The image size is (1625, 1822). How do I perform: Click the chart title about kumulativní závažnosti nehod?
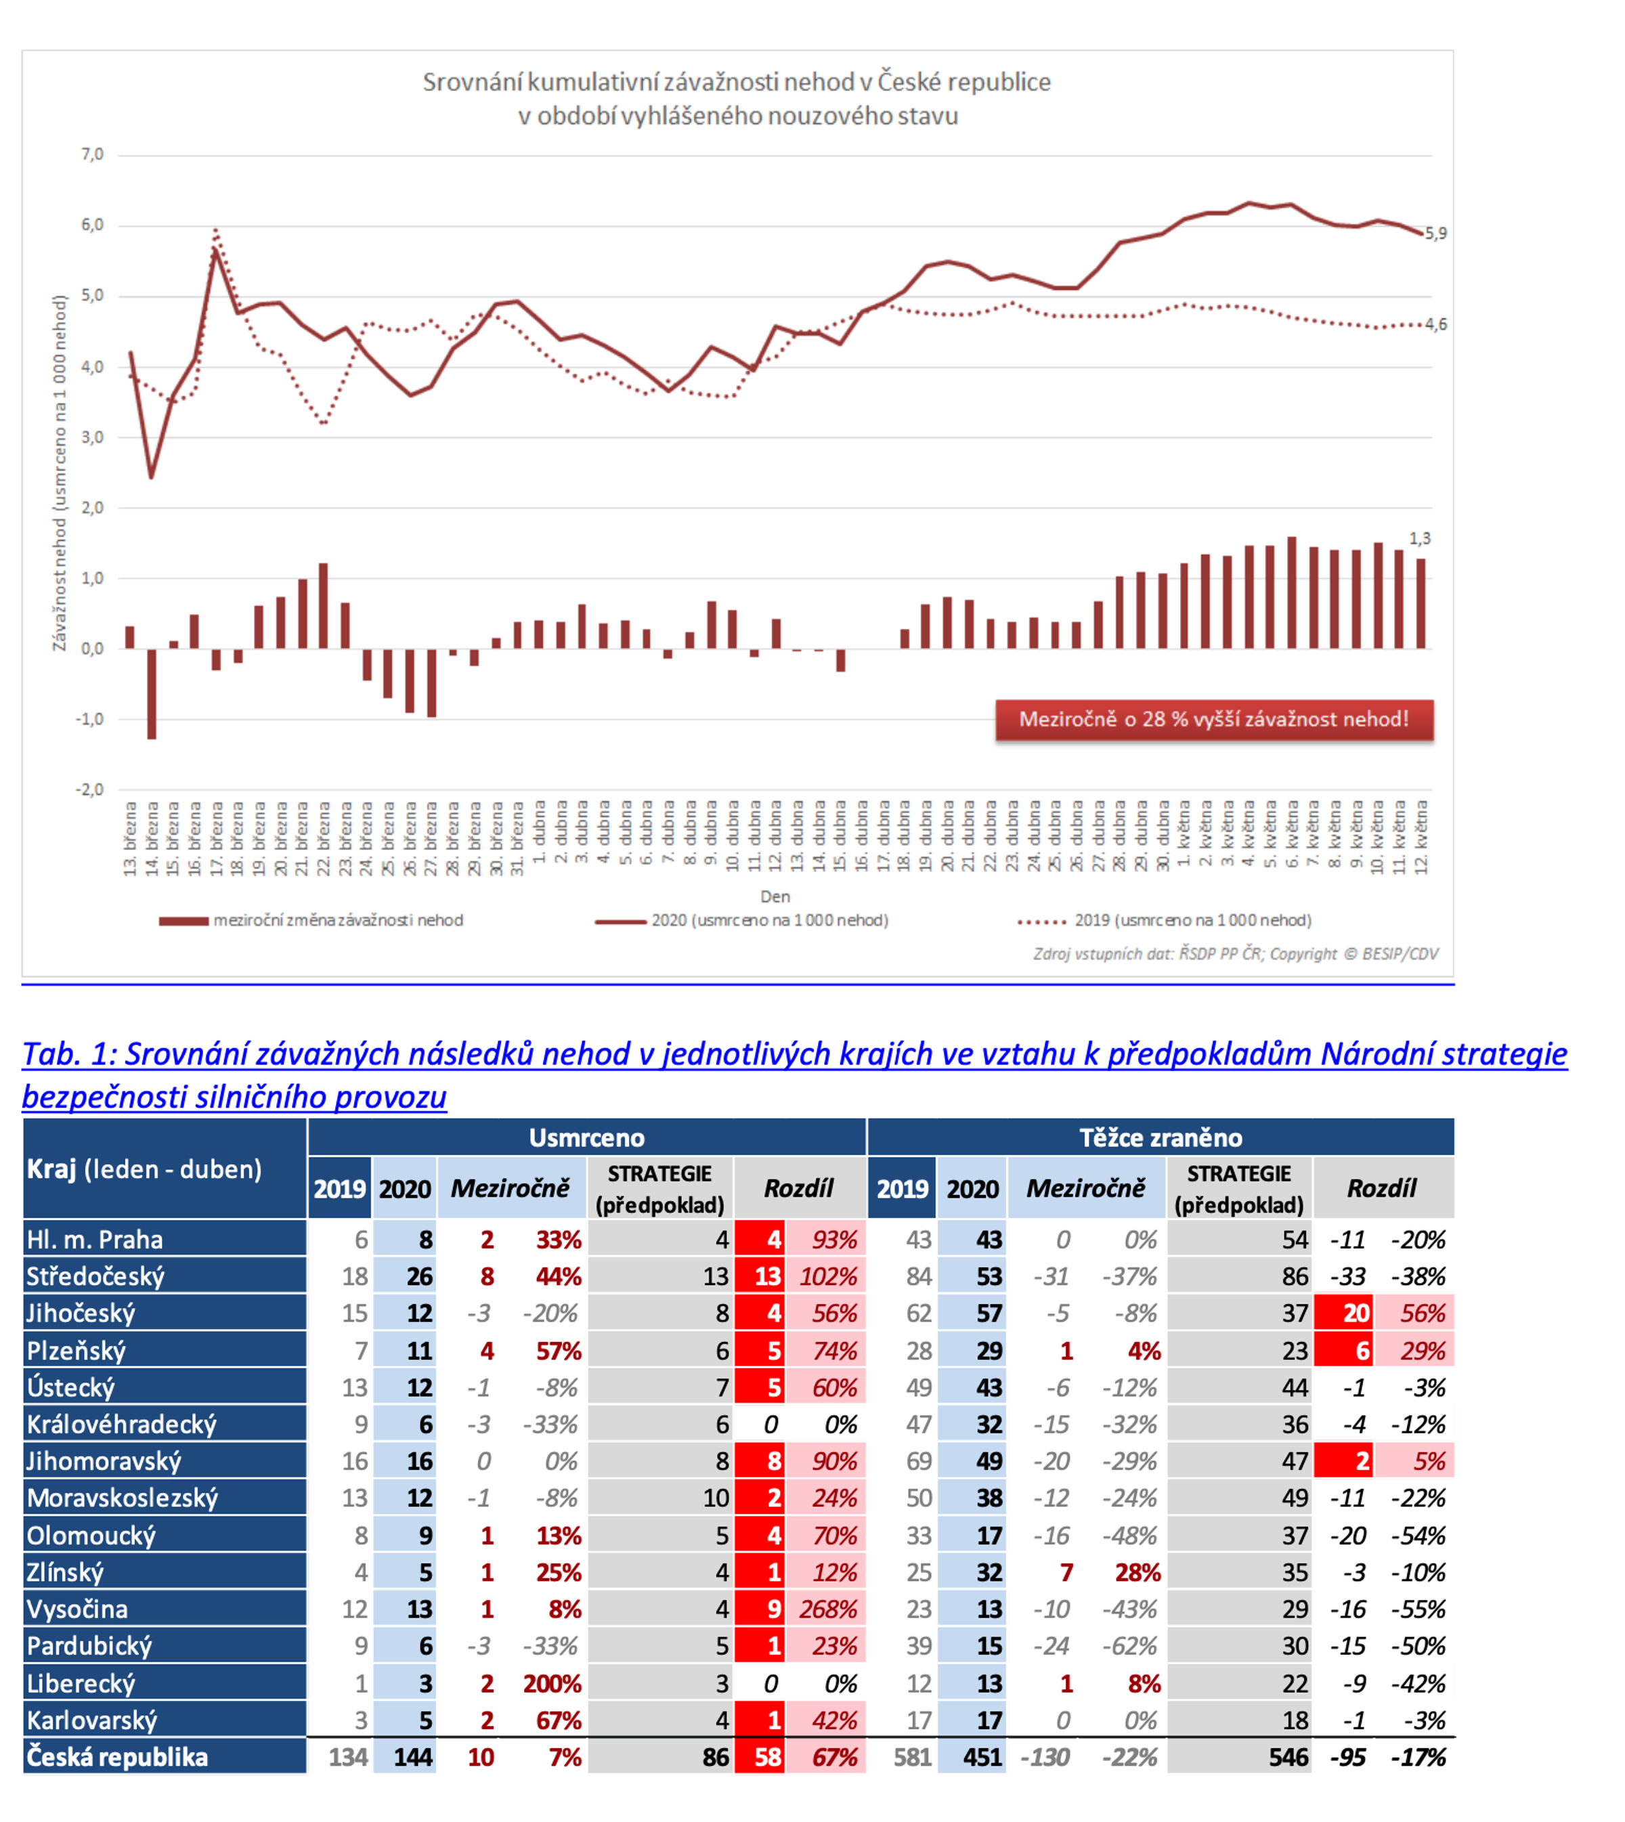pos(737,98)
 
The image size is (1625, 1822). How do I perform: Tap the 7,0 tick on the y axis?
pos(92,154)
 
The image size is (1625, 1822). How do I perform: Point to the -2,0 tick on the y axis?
pos(89,789)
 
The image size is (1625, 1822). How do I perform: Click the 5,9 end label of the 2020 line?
pos(1435,234)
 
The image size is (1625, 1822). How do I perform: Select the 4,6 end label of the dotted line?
pos(1435,325)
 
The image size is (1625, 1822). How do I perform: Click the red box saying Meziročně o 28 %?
pos(1213,720)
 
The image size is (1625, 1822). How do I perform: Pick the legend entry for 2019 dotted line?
pos(1165,920)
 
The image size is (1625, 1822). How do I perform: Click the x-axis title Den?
pos(775,896)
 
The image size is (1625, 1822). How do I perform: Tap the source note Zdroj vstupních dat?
pos(1236,954)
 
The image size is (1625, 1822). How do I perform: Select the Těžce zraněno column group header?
pos(1160,1137)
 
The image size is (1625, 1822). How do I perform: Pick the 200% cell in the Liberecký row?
pos(552,1684)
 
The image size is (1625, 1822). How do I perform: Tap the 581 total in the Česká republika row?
pos(913,1758)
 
